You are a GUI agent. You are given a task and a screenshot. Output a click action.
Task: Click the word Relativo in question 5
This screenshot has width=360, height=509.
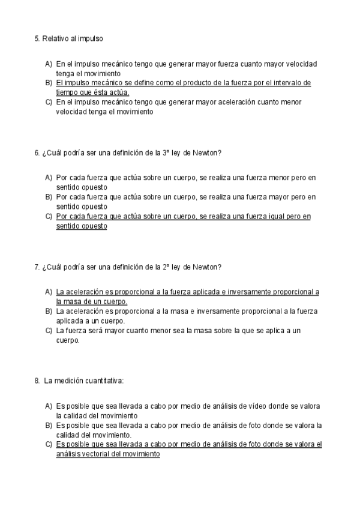coord(55,38)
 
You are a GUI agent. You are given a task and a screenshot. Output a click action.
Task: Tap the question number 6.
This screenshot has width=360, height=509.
coord(37,152)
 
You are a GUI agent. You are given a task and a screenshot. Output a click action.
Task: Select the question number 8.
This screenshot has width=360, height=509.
coord(37,380)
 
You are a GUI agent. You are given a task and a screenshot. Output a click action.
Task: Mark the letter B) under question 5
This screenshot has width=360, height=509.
coord(49,83)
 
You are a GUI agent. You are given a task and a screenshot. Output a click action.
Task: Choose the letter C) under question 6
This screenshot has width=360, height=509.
coord(49,216)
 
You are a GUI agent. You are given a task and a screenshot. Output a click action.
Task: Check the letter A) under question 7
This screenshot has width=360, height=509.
coord(49,292)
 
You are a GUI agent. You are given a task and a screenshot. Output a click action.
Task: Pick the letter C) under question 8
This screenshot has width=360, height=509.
coord(49,445)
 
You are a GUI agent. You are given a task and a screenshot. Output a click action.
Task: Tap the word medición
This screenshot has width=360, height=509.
coord(67,380)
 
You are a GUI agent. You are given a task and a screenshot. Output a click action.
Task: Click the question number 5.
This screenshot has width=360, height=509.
coord(37,38)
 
